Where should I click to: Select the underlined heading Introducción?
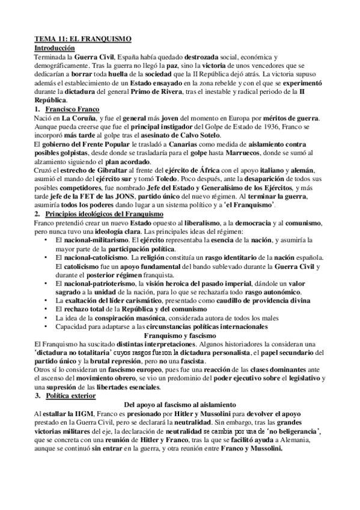click(x=53, y=47)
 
